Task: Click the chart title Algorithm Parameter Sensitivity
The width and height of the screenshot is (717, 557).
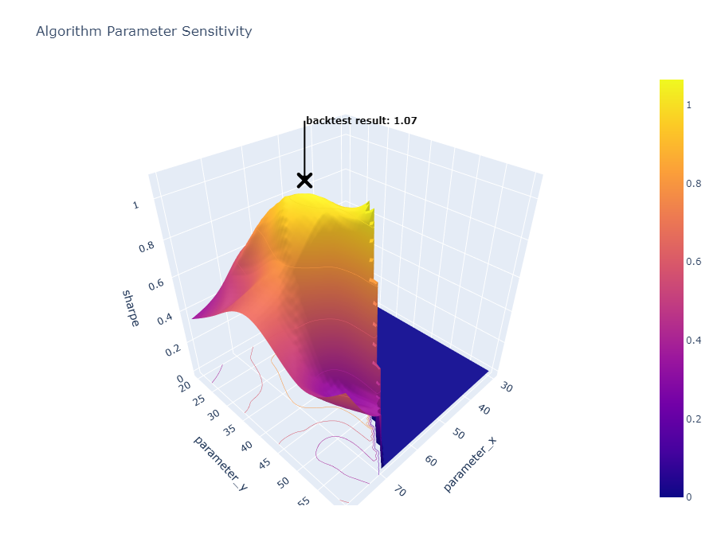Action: click(143, 32)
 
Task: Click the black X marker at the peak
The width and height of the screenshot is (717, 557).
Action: click(304, 180)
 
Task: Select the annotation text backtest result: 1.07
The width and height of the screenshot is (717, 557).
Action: click(362, 121)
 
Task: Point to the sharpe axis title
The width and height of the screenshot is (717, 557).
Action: click(131, 309)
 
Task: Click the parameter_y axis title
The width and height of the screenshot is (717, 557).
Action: click(220, 462)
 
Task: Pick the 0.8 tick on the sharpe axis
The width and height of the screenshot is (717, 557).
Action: click(146, 247)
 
